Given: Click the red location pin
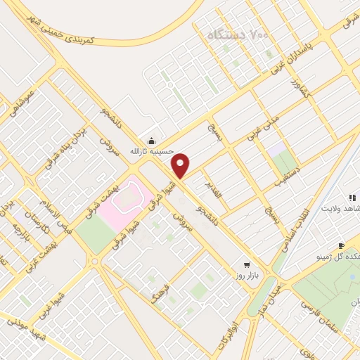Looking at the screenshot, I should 181,166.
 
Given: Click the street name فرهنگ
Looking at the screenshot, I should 160,281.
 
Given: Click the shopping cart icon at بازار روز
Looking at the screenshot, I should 246,265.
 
